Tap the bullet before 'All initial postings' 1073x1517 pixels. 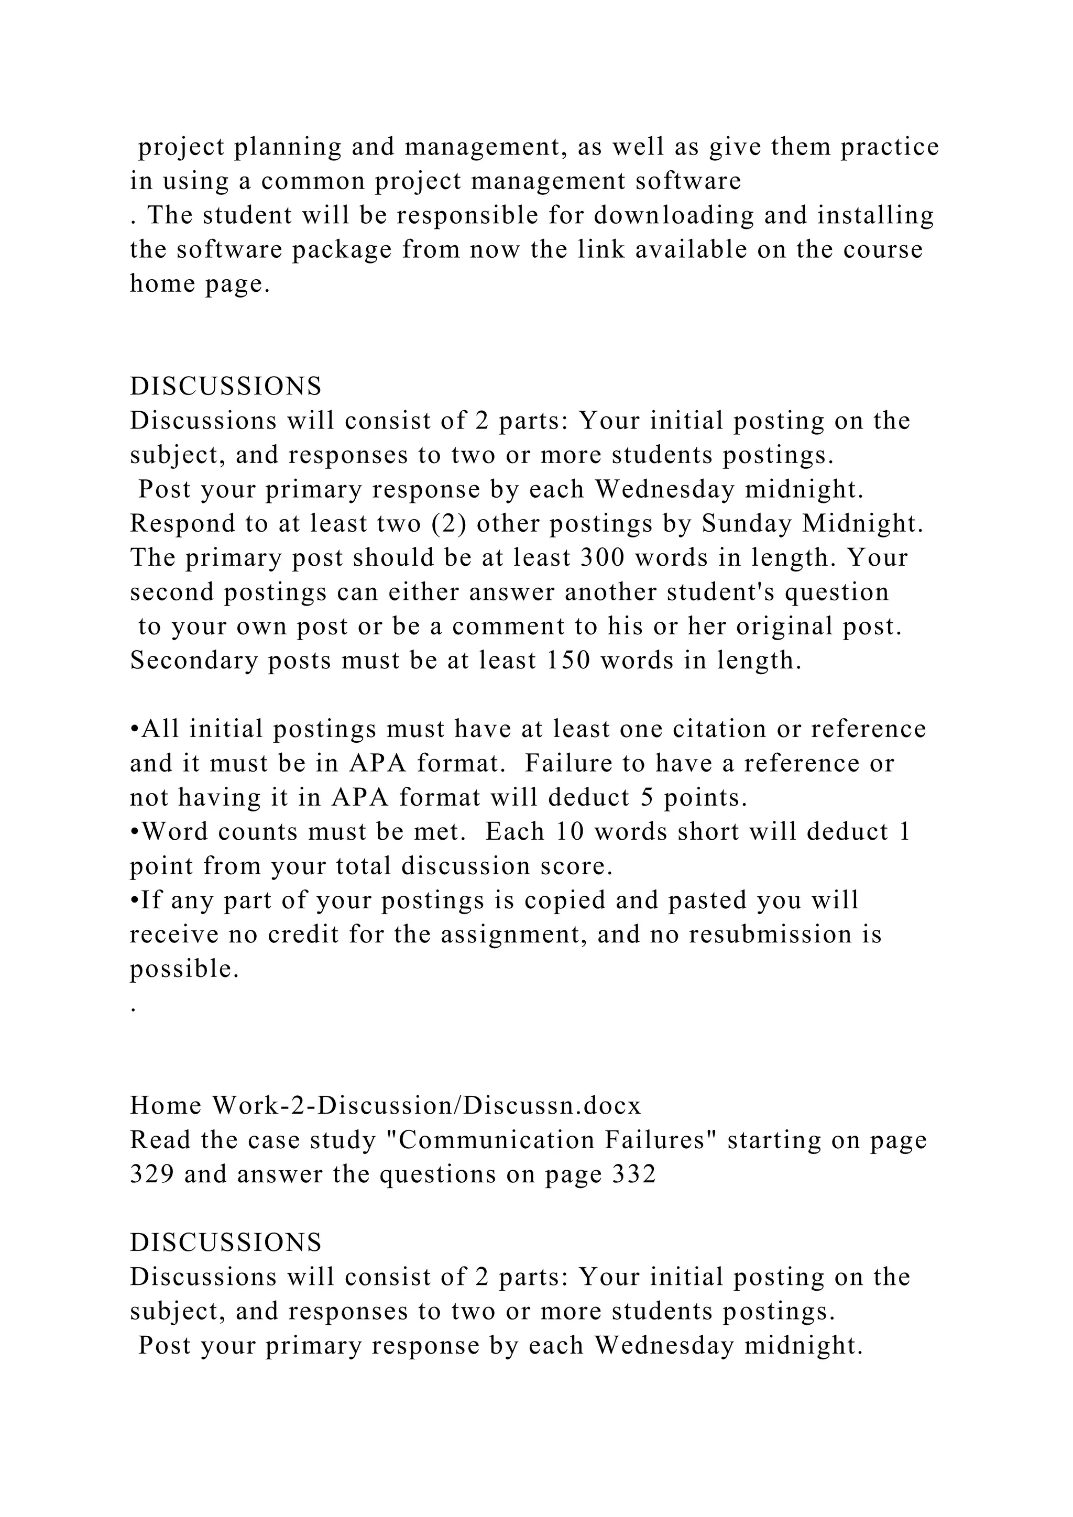pos(134,730)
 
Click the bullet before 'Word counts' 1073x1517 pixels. pos(134,832)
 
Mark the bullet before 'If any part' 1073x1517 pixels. pos(134,900)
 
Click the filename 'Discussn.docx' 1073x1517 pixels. pos(552,1105)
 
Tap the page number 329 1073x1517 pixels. pos(151,1174)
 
